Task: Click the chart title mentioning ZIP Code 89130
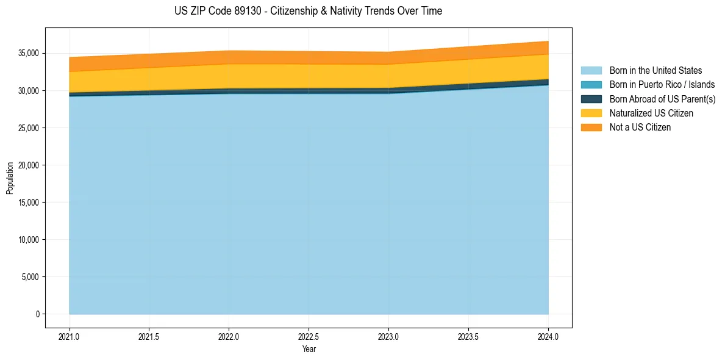[308, 11]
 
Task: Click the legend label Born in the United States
[655, 71]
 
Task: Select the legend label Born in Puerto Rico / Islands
[662, 85]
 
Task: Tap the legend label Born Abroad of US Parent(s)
[662, 99]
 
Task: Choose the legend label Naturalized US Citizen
[651, 113]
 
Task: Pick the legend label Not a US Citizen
[640, 128]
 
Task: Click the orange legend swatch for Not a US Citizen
[591, 128]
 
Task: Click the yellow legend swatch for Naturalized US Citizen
[591, 113]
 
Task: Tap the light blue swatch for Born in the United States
[591, 71]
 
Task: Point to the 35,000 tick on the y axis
[28, 54]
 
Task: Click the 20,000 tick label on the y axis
[28, 165]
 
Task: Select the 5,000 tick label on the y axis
[30, 277]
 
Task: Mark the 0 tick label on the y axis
[37, 314]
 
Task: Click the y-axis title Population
[10, 178]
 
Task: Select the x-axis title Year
[309, 350]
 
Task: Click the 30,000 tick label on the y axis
[28, 91]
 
